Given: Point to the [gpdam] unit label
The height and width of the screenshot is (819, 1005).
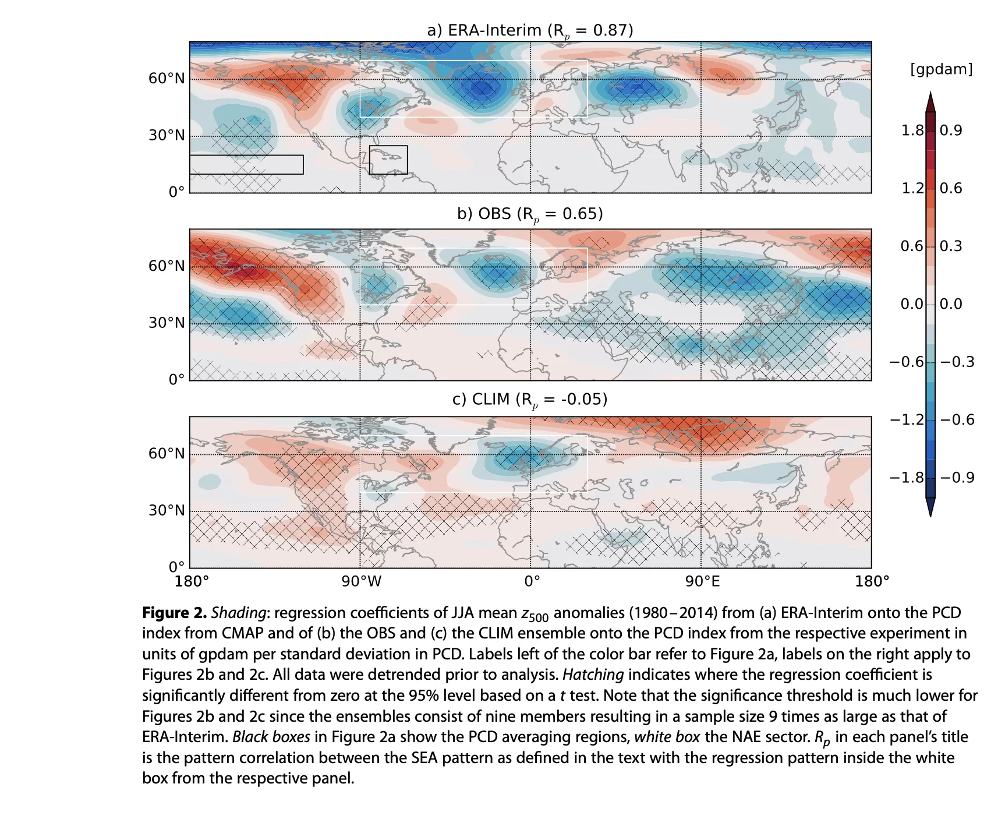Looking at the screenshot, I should point(941,69).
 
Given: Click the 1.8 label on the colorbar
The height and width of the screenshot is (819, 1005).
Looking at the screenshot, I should point(912,130).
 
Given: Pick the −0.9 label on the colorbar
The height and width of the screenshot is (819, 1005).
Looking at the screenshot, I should point(957,478).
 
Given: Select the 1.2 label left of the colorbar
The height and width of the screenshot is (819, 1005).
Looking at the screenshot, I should point(912,188).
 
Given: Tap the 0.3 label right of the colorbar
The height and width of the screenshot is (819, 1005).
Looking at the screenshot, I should point(951,246).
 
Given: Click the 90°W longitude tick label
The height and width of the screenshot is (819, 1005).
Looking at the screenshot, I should point(362,581).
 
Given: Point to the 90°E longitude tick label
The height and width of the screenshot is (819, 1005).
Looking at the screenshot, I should point(702,581).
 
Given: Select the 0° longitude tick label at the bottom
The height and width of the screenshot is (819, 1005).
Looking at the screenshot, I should point(532,581).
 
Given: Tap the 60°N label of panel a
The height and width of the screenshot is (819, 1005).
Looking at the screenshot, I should point(167,78).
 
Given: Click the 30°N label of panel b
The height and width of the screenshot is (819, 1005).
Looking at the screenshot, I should point(167,323).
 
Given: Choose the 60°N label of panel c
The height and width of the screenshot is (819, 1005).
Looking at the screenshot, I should point(167,453).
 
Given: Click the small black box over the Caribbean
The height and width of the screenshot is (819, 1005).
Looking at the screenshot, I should point(388,160).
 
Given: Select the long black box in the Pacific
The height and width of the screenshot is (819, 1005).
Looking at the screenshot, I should point(246,164).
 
